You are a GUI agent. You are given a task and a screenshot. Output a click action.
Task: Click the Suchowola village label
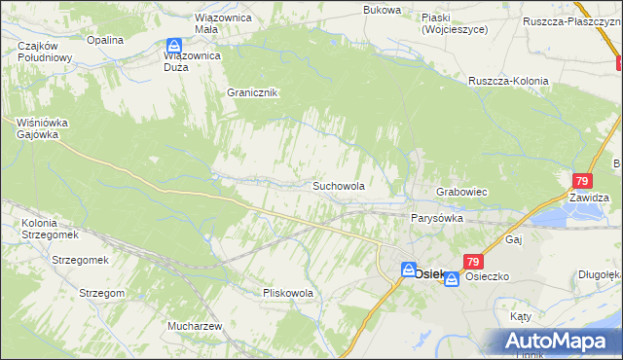tap(338, 185)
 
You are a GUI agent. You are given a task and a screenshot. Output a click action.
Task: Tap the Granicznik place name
tap(252, 92)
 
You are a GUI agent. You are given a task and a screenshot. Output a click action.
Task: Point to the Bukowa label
tap(382, 10)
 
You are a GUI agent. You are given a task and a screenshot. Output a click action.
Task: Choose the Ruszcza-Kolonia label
tap(508, 81)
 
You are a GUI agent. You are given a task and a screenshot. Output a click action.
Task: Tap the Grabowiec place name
tap(461, 193)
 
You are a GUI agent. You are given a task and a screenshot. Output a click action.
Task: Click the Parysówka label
tap(435, 219)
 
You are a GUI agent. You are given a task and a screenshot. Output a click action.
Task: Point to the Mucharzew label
tap(196, 326)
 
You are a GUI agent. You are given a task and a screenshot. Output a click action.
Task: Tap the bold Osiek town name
tap(429, 273)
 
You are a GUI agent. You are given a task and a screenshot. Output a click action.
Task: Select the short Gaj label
tap(515, 238)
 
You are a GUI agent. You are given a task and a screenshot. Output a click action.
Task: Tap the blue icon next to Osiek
tap(408, 270)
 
